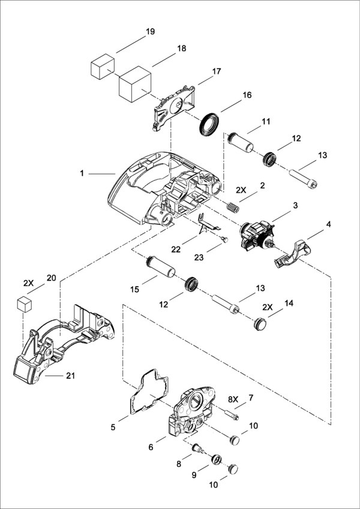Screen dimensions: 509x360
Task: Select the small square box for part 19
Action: click(x=102, y=65)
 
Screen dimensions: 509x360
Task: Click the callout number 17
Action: click(x=216, y=71)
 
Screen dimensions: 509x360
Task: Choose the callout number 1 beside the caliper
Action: click(x=82, y=173)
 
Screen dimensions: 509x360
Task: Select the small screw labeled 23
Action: click(x=223, y=239)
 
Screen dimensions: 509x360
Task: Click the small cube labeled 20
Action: click(x=23, y=303)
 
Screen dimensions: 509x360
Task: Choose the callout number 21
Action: click(x=71, y=376)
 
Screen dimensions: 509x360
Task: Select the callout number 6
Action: click(x=151, y=447)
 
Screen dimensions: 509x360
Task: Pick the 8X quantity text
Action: click(x=233, y=397)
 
